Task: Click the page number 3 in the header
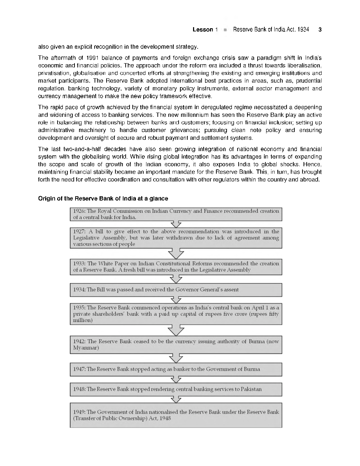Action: (320, 30)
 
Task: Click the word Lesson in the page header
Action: (203, 30)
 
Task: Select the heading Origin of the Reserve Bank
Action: (103, 198)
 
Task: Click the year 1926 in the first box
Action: (79, 211)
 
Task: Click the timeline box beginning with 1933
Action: (176, 267)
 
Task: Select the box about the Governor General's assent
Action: (176, 290)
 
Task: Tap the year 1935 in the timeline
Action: (79, 308)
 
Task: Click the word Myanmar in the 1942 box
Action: (86, 348)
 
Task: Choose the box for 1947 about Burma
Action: (176, 369)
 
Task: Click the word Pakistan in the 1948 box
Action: (251, 389)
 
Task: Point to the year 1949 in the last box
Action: (79, 412)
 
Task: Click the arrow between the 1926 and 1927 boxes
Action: (176, 225)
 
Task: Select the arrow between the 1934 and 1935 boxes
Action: (176, 300)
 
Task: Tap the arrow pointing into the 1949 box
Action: (176, 399)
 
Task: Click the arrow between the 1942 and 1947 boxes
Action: (176, 358)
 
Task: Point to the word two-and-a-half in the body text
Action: (71, 149)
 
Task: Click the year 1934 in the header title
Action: (302, 30)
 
